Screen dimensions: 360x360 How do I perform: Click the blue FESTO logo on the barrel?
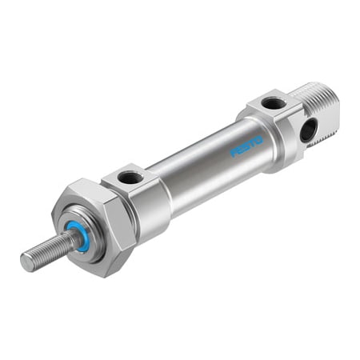pos(246,146)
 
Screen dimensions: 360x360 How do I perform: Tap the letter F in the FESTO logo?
pos(234,153)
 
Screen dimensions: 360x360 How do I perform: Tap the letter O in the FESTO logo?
pos(258,140)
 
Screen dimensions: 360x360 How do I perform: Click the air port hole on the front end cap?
pos(130,178)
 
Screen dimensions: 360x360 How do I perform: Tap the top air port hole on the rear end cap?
pos(273,103)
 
